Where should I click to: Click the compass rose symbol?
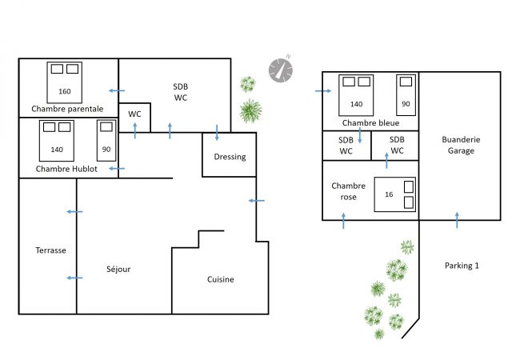point(281,70)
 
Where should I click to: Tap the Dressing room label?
point(230,157)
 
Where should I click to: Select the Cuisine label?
point(221,279)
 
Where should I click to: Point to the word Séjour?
point(118,269)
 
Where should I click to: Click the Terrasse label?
point(50,250)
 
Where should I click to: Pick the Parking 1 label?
point(462,266)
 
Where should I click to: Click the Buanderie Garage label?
point(461,145)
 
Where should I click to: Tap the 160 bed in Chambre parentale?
point(64,82)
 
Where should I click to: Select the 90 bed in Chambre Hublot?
point(106,141)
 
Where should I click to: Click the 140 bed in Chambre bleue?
point(356,95)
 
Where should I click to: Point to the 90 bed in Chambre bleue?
point(406,95)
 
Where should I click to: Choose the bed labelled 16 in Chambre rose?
point(395,194)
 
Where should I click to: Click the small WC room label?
point(134,114)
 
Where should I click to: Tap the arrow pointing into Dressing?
point(217,133)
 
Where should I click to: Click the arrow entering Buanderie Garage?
point(457,220)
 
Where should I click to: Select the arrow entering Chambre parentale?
point(117,91)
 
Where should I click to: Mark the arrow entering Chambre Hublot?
point(117,169)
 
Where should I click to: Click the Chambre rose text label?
point(348,191)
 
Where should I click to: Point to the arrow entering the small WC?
point(135,130)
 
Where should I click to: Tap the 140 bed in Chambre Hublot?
point(57,141)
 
